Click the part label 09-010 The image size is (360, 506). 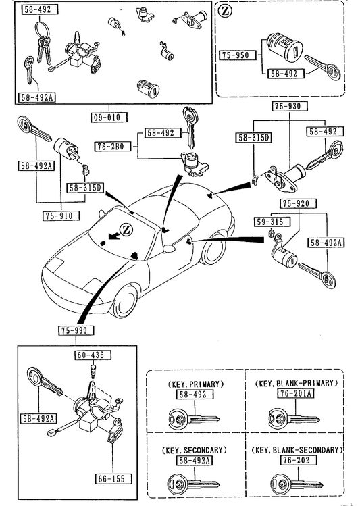coord(109,117)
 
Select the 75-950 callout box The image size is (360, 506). coord(238,55)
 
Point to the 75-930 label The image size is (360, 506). coord(289,106)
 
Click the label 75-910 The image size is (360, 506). coord(61,216)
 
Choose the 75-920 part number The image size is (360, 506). coord(298,203)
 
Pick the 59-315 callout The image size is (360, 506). coord(272,222)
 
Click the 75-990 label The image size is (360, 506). coord(76,330)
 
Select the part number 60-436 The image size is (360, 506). coord(93,355)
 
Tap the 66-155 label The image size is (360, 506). coord(113,478)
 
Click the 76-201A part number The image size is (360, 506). coord(295,393)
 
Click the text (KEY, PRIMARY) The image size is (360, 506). coord(196,384)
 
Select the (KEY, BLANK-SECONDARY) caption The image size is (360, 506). coord(297,450)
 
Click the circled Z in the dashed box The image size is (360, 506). coord(226,11)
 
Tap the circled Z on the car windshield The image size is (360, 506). coord(126,230)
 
